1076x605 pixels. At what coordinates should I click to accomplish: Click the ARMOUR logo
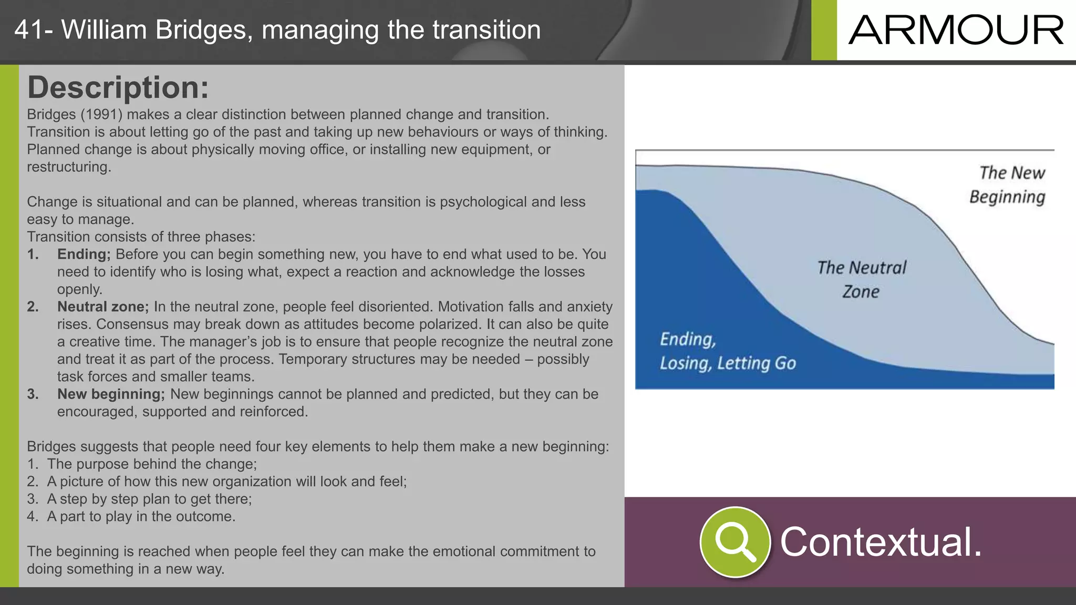click(956, 30)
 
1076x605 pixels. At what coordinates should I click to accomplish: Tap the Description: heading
click(118, 87)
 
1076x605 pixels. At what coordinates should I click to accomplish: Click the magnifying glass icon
click(735, 542)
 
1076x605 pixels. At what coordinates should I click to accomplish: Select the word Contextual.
click(881, 542)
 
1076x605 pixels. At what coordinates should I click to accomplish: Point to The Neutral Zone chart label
click(861, 279)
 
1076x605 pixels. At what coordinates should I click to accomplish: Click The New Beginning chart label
click(1008, 185)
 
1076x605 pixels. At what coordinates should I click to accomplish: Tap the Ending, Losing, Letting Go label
click(728, 351)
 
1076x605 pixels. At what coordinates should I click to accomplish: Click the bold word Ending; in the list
click(84, 254)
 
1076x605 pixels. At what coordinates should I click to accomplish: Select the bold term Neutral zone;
click(103, 307)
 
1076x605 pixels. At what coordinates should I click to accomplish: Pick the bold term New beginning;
click(111, 394)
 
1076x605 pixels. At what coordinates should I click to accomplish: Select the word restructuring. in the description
click(69, 167)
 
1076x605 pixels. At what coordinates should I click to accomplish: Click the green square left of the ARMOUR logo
click(824, 30)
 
